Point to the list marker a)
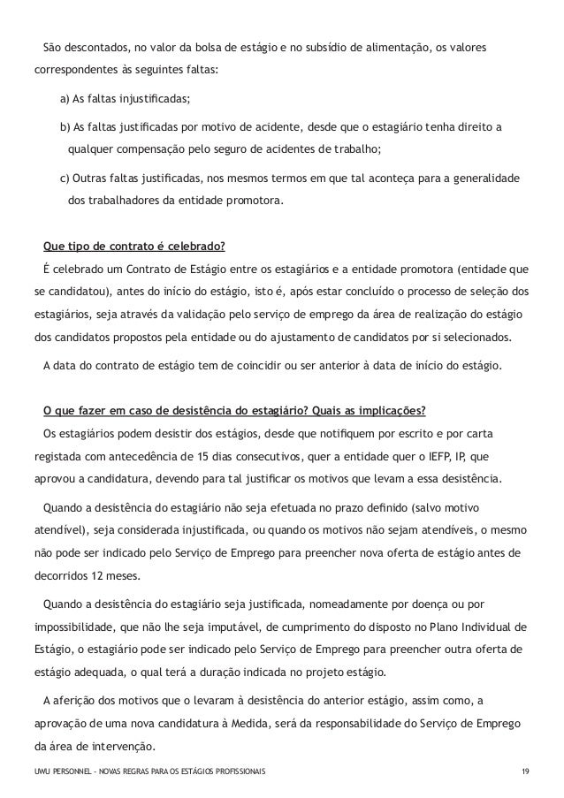click(65, 97)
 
